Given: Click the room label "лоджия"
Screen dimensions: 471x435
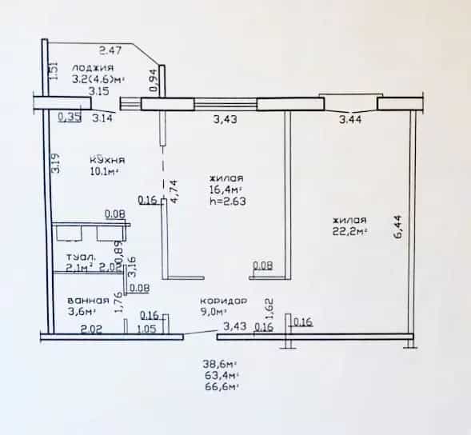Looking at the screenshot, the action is click(93, 68).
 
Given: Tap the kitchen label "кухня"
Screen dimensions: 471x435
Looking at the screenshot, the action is click(107, 160).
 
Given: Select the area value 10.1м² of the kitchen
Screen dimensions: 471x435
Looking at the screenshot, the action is click(104, 172).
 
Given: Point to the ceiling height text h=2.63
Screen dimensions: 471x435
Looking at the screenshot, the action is click(228, 201).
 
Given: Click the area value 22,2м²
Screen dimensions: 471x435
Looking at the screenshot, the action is click(350, 232).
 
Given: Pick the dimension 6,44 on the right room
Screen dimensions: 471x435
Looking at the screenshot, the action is click(398, 227).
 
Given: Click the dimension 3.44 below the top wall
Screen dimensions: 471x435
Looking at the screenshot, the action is click(350, 120).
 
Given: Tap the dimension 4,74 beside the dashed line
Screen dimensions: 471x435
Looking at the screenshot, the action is click(174, 192).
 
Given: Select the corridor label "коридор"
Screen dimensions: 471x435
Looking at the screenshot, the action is click(224, 301).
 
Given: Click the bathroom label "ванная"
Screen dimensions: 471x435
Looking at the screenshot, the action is click(88, 301).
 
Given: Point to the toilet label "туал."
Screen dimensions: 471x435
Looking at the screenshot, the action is click(81, 257).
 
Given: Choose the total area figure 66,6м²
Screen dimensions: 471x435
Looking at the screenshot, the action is click(222, 386).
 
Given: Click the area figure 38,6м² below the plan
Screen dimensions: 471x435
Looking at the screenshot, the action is click(220, 365).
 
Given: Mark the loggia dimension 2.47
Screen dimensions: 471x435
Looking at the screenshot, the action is click(110, 50).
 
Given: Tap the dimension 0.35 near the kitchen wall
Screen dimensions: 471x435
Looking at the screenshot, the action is click(70, 118).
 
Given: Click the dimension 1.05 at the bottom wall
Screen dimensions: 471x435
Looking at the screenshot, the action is click(147, 329).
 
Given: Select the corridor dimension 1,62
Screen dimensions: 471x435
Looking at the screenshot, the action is click(269, 309).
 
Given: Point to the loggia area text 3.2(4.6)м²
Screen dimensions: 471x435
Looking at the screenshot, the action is click(98, 79).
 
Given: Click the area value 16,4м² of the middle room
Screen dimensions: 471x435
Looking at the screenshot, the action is click(226, 190).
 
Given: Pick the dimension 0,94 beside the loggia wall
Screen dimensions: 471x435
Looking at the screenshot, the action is click(154, 80).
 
